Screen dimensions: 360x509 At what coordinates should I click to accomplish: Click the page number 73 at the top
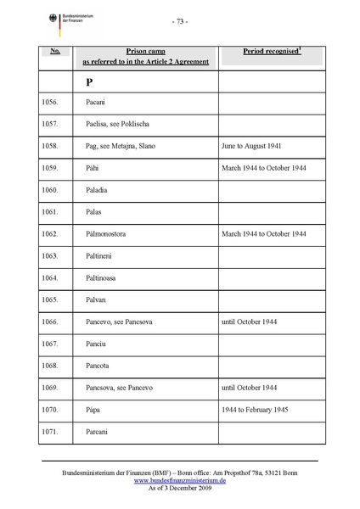[x=179, y=20]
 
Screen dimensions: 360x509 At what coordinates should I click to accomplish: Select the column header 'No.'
[x=54, y=52]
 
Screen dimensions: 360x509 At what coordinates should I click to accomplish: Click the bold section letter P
[x=88, y=82]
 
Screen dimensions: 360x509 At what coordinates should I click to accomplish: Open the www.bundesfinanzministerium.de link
[x=179, y=480]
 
